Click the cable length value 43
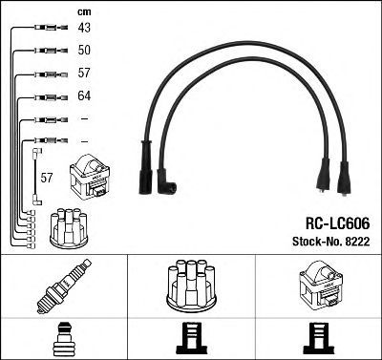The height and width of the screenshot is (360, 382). click(x=84, y=28)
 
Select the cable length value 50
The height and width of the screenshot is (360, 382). click(x=84, y=50)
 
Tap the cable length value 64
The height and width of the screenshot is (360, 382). click(x=84, y=95)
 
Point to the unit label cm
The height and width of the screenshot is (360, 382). click(x=84, y=12)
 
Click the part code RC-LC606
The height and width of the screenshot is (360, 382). click(x=337, y=223)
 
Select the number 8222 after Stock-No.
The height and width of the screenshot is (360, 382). click(x=356, y=242)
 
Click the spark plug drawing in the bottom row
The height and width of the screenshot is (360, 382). click(x=64, y=286)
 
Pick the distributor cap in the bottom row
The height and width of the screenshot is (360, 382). click(x=192, y=286)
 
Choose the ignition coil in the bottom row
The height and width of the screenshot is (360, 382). click(x=321, y=285)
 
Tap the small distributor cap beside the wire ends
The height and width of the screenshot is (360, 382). click(x=69, y=228)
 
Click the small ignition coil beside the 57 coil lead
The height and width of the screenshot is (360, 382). click(x=90, y=177)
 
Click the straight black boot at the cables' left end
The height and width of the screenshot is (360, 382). click(x=146, y=167)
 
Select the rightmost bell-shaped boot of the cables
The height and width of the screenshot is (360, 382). click(x=344, y=179)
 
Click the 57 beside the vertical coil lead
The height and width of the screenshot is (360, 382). click(x=47, y=178)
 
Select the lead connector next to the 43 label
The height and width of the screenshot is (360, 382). click(x=51, y=28)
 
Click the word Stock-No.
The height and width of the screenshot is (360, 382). click(x=316, y=242)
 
